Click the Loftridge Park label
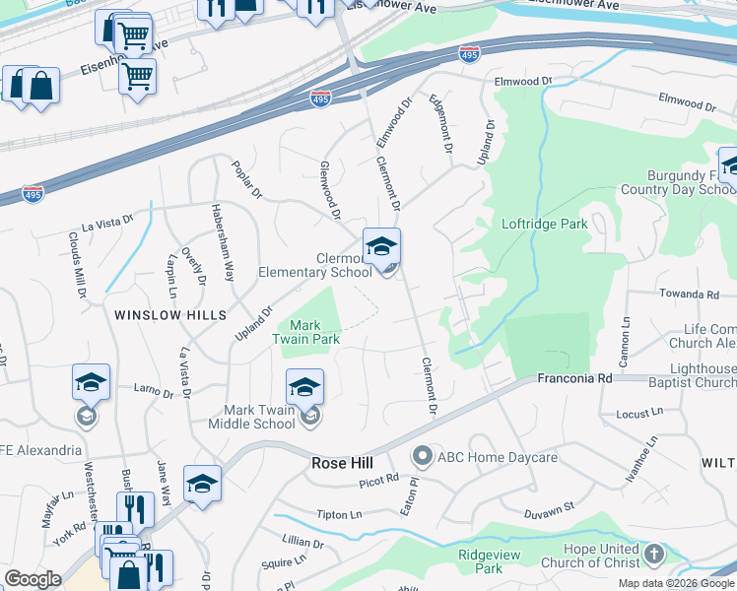point(544,224)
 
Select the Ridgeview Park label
point(481,561)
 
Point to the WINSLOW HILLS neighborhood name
point(170,314)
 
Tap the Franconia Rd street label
point(574,377)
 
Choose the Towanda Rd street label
point(690,295)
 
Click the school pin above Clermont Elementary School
point(381,247)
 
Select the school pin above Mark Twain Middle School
point(305,387)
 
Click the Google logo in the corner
point(33,578)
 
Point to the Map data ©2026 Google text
point(675,583)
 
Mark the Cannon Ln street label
point(623,334)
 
